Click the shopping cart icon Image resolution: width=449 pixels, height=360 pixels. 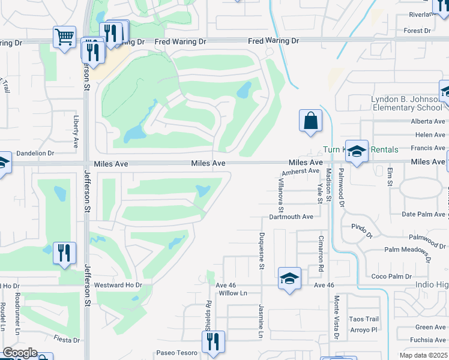click(64, 38)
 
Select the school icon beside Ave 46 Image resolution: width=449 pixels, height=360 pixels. click(289, 279)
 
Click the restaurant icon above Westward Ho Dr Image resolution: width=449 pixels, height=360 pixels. click(64, 253)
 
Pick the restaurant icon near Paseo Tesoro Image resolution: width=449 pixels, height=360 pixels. click(213, 342)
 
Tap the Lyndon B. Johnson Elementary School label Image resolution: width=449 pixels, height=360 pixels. click(407, 103)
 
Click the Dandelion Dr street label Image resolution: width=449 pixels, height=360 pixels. click(35, 154)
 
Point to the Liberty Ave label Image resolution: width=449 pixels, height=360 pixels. click(76, 132)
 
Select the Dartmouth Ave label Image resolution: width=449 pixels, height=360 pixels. click(291, 217)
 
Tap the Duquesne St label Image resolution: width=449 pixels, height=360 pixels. click(262, 251)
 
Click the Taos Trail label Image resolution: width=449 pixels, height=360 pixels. click(364, 319)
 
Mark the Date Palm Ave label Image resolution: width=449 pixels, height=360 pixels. click(425, 214)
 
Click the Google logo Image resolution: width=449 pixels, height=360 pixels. click(20, 353)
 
